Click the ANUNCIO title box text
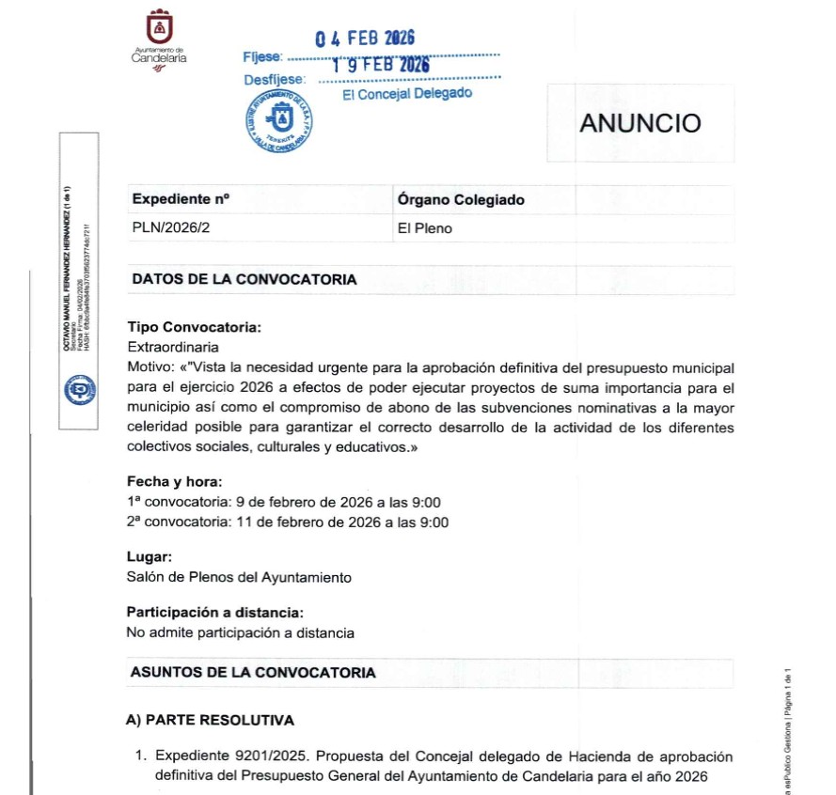pyautogui.click(x=640, y=123)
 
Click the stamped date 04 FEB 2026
pyautogui.click(x=365, y=39)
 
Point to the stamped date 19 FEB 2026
pyautogui.click(x=380, y=65)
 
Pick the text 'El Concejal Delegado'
pyautogui.click(x=407, y=94)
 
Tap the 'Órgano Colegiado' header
pyautogui.click(x=461, y=199)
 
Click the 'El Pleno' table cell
pyautogui.click(x=425, y=228)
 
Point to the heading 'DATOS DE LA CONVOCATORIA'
pyautogui.click(x=244, y=279)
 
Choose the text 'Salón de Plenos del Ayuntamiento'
pyautogui.click(x=239, y=577)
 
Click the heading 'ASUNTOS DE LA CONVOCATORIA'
pyautogui.click(x=254, y=673)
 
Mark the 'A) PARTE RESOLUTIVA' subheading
pyautogui.click(x=210, y=720)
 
